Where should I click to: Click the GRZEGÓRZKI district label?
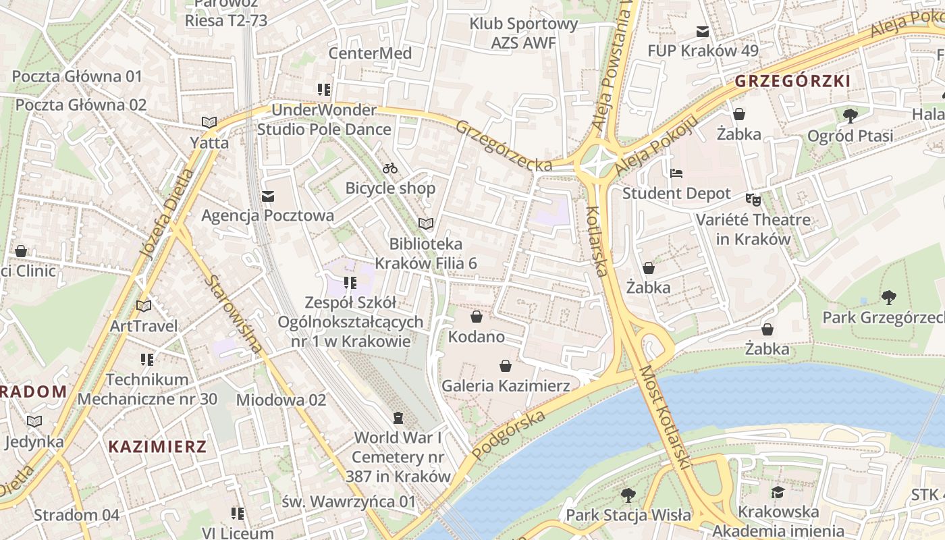click(x=792, y=82)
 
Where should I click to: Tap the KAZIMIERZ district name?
click(x=157, y=446)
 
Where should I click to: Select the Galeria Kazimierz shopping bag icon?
click(x=505, y=366)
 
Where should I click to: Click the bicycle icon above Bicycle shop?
click(x=390, y=168)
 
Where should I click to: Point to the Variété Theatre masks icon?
click(x=753, y=199)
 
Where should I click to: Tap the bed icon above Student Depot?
click(x=676, y=173)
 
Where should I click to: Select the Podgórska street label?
click(x=509, y=435)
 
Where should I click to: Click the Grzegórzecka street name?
click(x=504, y=146)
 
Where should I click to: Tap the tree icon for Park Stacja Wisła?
click(x=628, y=495)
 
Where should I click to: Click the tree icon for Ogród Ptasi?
click(x=850, y=115)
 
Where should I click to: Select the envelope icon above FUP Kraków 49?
click(x=703, y=31)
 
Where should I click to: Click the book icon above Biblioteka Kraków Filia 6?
click(x=425, y=223)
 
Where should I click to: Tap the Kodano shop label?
click(x=477, y=336)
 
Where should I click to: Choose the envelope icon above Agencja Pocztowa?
click(x=268, y=196)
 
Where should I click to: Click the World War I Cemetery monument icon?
click(x=398, y=418)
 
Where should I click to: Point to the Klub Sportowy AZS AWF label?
click(x=524, y=33)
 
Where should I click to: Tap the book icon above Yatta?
click(x=209, y=122)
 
